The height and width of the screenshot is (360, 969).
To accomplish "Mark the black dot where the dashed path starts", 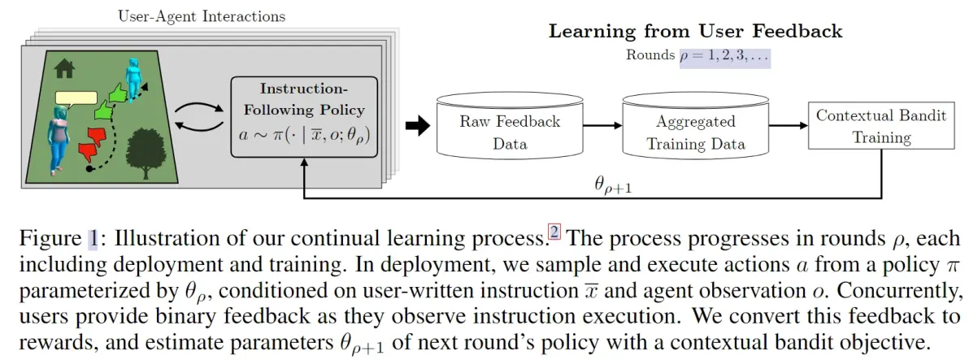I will coord(89,171).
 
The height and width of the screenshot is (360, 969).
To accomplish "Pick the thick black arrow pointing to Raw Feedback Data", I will coord(416,124).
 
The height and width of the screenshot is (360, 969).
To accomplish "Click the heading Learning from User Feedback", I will coord(695,32).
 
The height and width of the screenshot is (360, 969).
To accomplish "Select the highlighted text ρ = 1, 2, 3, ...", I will coord(723,56).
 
